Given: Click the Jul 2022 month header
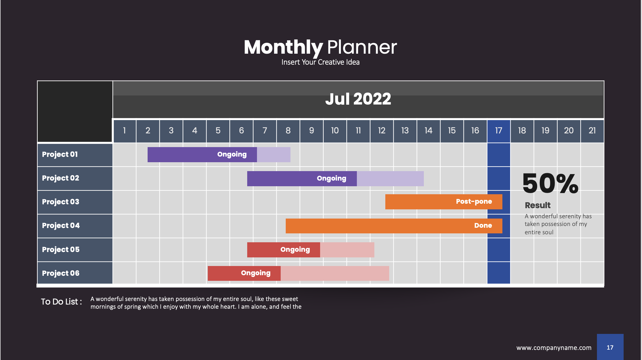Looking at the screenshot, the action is (x=358, y=99).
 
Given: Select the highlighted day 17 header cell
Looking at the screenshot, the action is (x=499, y=131).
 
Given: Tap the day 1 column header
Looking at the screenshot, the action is (x=124, y=131).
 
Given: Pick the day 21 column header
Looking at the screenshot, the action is (x=592, y=131).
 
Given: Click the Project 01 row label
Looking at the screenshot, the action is (x=60, y=154).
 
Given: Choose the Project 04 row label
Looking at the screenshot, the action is (x=61, y=226).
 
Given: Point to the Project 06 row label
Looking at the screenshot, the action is (x=61, y=273).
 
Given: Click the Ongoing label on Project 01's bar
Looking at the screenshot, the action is (x=232, y=154).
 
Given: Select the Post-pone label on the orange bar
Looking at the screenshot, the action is (x=474, y=202).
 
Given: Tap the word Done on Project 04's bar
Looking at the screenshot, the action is (x=483, y=226).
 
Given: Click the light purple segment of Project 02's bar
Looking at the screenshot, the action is (x=390, y=179).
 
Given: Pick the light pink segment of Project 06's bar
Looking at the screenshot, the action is (x=335, y=273).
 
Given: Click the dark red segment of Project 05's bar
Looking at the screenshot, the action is (x=283, y=250).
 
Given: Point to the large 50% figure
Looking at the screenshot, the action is (x=550, y=183).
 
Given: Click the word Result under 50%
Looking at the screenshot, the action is (x=538, y=205).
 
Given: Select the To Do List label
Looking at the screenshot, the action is (x=61, y=302).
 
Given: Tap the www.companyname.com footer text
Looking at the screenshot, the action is (x=554, y=348).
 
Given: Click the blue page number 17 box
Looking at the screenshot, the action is (x=610, y=347).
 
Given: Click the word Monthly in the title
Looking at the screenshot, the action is (x=283, y=48).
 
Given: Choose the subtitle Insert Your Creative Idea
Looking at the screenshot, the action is (x=320, y=62).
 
